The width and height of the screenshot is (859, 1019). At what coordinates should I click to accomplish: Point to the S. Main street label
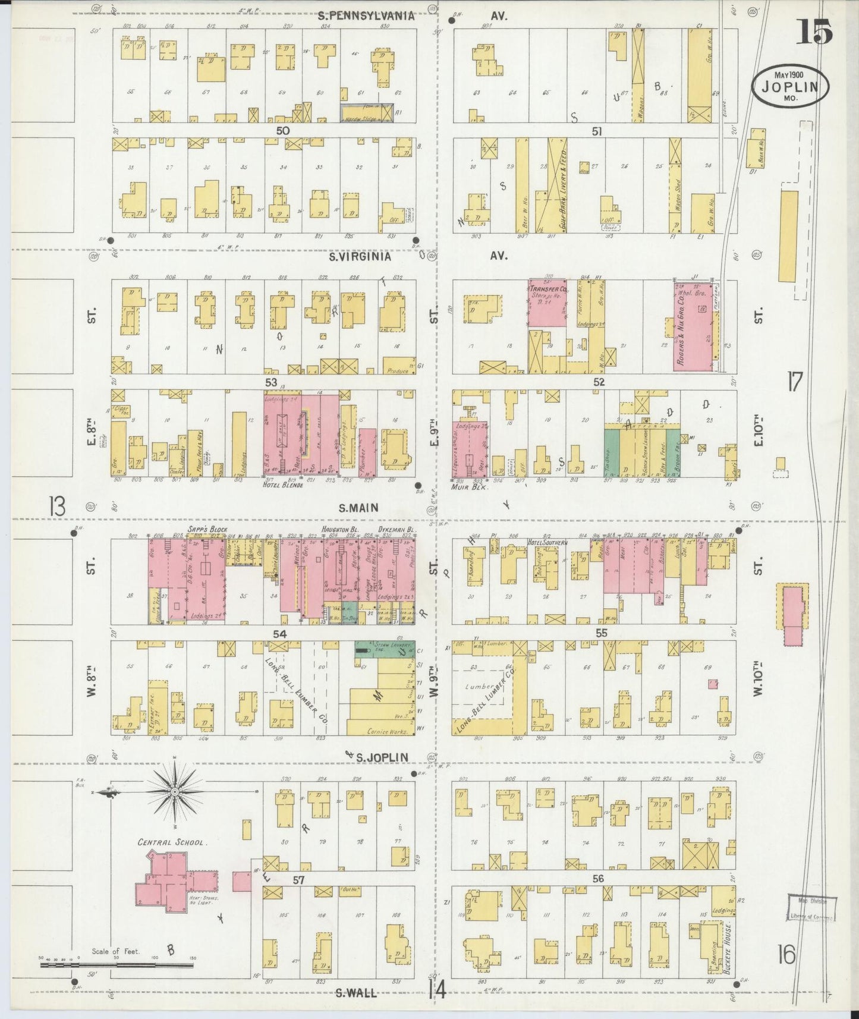click(x=358, y=508)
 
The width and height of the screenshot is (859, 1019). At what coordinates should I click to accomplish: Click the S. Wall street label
click(x=355, y=992)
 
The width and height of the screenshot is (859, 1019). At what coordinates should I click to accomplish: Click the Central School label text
click(x=171, y=842)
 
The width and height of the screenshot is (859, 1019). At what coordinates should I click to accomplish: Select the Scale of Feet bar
click(x=119, y=965)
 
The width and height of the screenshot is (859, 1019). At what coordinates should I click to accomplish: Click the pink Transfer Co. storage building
click(x=547, y=303)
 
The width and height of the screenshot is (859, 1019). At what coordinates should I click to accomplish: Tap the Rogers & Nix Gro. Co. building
click(x=692, y=327)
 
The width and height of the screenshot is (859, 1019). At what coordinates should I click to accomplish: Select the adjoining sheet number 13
click(x=58, y=507)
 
